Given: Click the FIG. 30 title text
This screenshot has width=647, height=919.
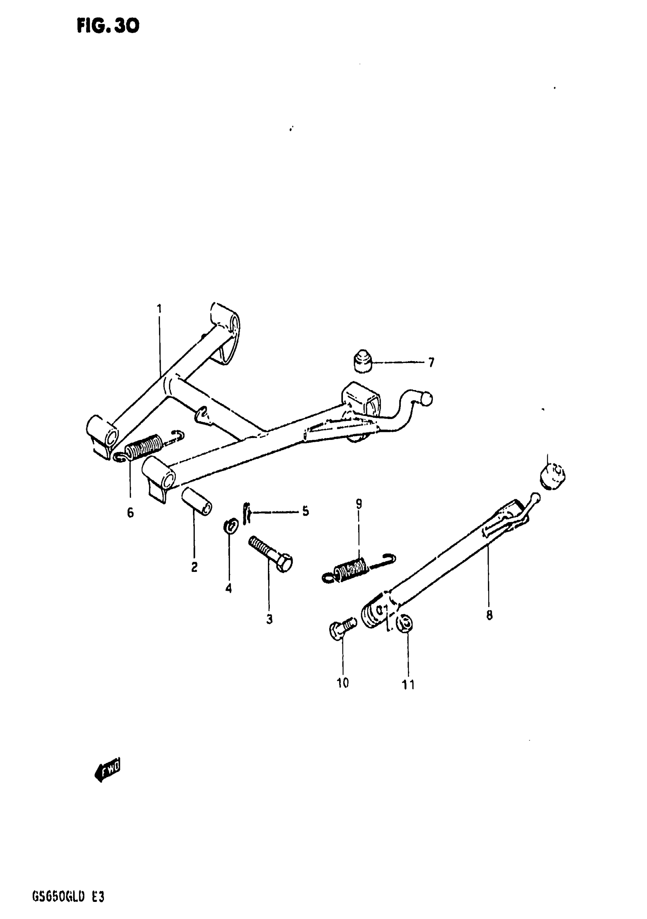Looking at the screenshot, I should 108,26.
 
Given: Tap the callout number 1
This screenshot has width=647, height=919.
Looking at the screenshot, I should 159,309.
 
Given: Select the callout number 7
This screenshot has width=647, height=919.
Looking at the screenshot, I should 431,363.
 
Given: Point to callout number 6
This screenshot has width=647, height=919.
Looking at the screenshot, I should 131,513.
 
